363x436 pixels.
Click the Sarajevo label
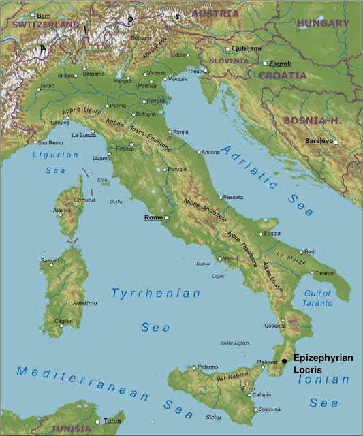tap(318, 140)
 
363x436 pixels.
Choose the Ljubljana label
tap(247, 49)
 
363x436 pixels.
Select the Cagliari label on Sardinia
tap(63, 320)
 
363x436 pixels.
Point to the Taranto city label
tap(324, 272)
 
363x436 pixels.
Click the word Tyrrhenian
tap(156, 294)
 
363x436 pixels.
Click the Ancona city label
tap(211, 151)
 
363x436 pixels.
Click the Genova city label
tap(59, 122)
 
